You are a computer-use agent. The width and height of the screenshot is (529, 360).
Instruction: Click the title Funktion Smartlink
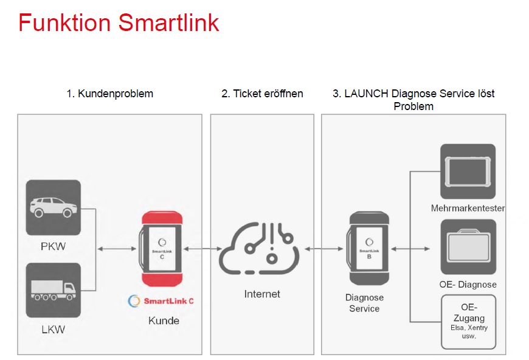[x=119, y=22]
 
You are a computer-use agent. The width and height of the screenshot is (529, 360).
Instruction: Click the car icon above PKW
[x=54, y=207]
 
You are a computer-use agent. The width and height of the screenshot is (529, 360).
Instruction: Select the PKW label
[x=54, y=246]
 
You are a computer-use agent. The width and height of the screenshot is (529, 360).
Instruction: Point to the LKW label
[x=54, y=330]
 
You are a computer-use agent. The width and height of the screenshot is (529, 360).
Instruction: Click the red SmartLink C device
[x=162, y=249]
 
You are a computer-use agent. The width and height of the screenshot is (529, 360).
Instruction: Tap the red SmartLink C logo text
[x=168, y=301]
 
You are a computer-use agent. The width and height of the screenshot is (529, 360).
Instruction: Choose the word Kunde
[x=164, y=320]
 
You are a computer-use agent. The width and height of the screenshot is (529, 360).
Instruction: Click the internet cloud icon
[x=259, y=248]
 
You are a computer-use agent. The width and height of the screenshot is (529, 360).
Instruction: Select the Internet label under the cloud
[x=262, y=294]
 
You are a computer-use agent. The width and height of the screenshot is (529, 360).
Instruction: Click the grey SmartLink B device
[x=368, y=248]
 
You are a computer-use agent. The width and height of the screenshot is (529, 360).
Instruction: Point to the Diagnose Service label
[x=364, y=303]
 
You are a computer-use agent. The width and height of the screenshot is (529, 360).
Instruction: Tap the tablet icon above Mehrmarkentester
[x=468, y=171]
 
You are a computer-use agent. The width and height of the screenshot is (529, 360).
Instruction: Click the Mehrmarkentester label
[x=468, y=208]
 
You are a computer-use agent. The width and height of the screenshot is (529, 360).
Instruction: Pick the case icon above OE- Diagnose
[x=468, y=247]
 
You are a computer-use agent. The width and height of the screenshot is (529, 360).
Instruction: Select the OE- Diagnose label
[x=468, y=285]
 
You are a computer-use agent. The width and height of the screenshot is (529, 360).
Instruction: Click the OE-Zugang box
[x=469, y=322]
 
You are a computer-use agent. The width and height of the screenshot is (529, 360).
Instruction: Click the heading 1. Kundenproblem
[x=110, y=94]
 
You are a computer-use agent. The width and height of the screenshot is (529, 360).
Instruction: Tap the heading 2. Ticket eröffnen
[x=262, y=94]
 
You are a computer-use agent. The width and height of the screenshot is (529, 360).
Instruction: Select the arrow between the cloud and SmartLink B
[x=323, y=249]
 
